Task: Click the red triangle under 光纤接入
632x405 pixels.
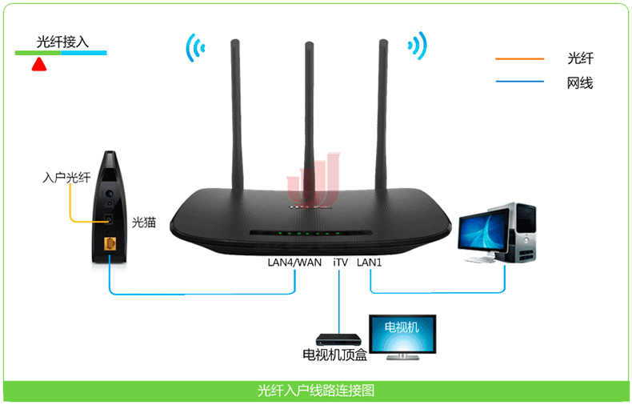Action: [x=38, y=64]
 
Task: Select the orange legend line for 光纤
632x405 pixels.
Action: [x=519, y=59]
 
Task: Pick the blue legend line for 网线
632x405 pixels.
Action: [x=519, y=82]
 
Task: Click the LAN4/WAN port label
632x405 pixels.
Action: [x=294, y=261]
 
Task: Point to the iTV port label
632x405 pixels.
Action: [x=340, y=261]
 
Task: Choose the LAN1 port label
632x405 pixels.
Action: [x=370, y=261]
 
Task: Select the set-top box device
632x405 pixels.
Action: [x=333, y=340]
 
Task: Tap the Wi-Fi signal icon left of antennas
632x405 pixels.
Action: [x=192, y=48]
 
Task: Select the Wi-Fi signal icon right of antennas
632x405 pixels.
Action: [x=416, y=46]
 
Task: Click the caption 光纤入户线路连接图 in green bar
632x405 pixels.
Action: [x=316, y=391]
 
